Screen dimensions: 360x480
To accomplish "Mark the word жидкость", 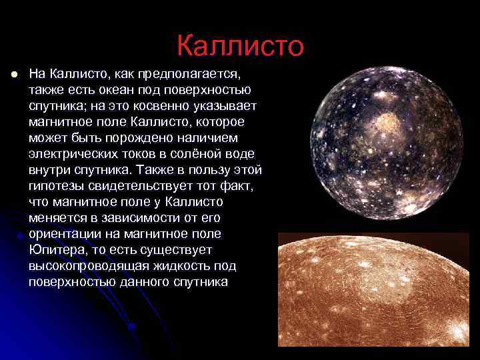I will click(189, 265).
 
